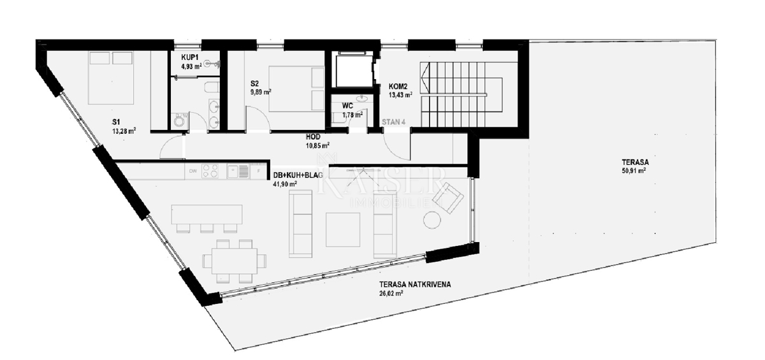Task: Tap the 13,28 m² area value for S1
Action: coord(124,133)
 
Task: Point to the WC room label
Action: coord(347,106)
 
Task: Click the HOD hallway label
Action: coord(313,136)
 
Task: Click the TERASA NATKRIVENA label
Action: coord(414,285)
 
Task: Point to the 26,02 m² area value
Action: coord(391,294)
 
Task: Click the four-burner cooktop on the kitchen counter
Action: coord(211,171)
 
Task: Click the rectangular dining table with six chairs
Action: coord(230,261)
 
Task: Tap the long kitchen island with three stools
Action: coord(207,214)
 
